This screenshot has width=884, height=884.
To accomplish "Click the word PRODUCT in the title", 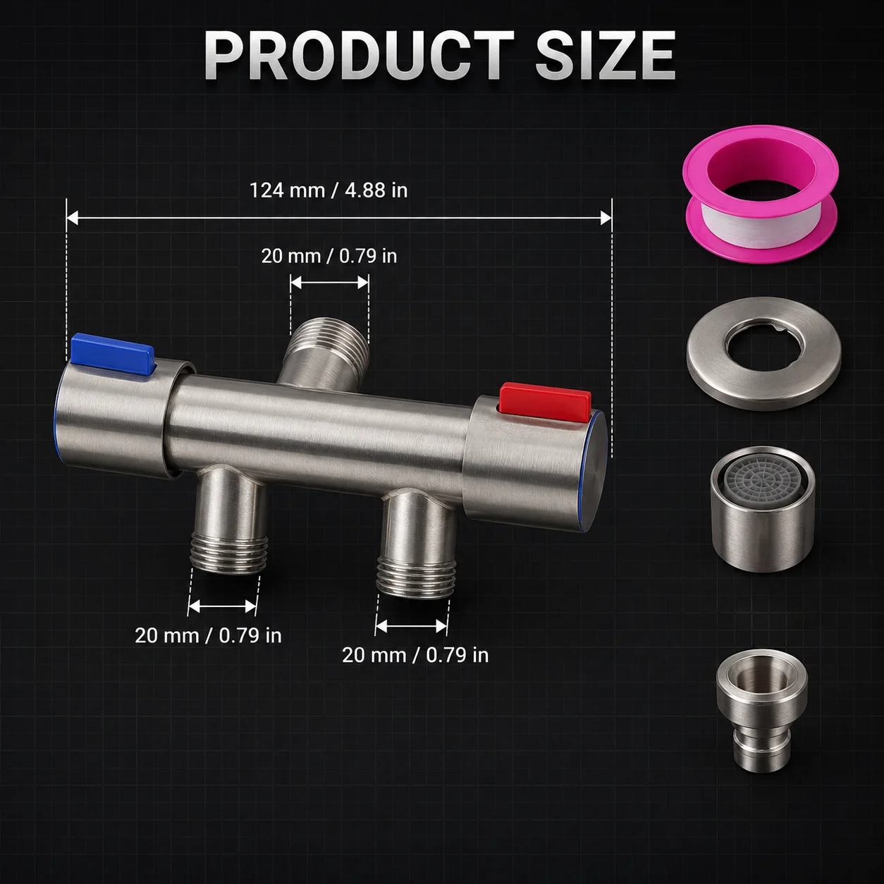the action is click(x=358, y=56).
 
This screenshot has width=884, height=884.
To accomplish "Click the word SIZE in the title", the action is click(x=606, y=56).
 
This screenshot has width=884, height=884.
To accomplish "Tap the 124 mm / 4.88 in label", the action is click(x=329, y=190).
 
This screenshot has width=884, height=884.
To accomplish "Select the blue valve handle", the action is click(x=113, y=352).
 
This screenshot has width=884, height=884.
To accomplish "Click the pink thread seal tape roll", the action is click(x=761, y=199).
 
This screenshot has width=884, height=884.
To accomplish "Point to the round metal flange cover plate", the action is click(x=764, y=353).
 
